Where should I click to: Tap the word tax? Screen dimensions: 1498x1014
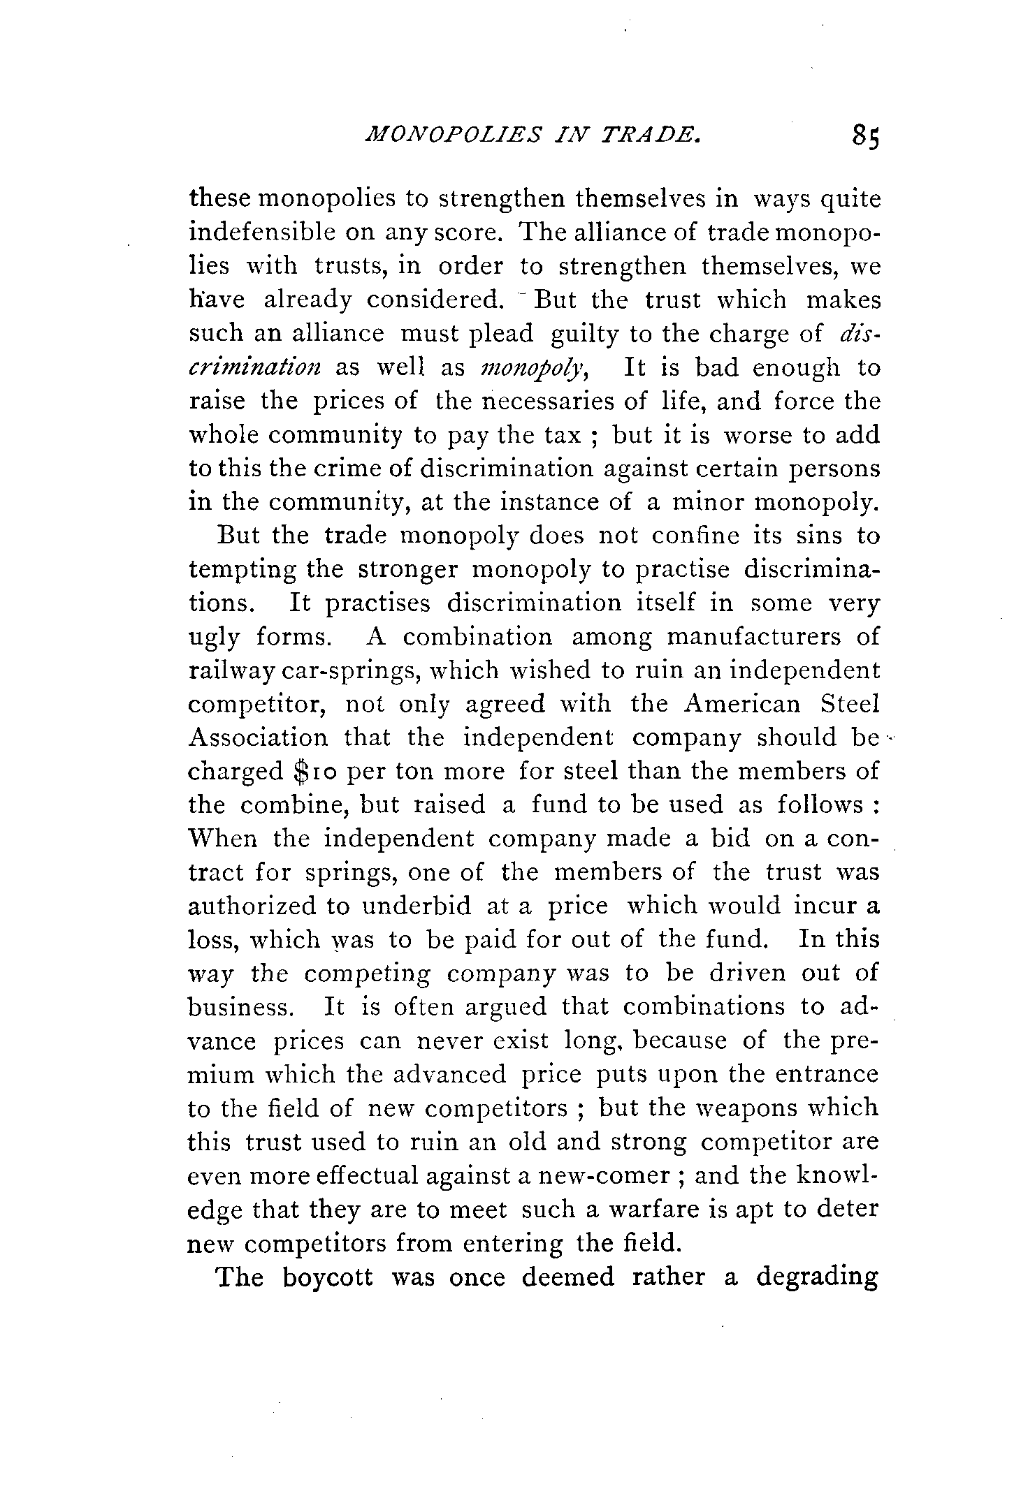pyautogui.click(x=562, y=435)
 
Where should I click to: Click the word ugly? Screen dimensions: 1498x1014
pyautogui.click(x=214, y=638)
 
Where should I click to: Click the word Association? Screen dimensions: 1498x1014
pyautogui.click(x=258, y=737)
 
